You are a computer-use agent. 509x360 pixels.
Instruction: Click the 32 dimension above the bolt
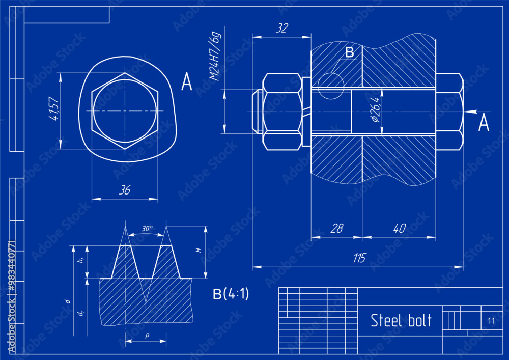[x=281, y=29]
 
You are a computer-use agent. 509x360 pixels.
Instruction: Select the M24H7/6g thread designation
[x=216, y=57]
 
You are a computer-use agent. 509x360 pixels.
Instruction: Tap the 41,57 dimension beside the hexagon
[x=53, y=109]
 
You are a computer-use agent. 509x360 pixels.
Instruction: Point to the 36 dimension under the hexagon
[x=124, y=190]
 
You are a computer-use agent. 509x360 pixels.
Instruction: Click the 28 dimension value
[x=336, y=229]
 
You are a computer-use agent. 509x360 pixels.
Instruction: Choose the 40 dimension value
[x=399, y=229]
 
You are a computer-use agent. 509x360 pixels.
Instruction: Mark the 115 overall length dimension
[x=359, y=258]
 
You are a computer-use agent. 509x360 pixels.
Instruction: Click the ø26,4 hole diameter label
[x=376, y=109]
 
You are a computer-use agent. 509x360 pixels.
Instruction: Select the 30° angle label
[x=147, y=229]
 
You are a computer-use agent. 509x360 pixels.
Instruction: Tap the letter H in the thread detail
[x=200, y=250]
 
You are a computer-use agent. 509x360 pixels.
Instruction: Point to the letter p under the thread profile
[x=147, y=336]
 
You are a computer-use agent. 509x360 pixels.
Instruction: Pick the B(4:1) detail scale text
[x=231, y=294]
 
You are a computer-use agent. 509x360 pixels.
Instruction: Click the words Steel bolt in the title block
[x=401, y=321]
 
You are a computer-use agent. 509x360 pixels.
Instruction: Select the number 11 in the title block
[x=491, y=321]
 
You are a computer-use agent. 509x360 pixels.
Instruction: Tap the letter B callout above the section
[x=349, y=52]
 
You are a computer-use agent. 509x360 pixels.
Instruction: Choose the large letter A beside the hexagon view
[x=187, y=82]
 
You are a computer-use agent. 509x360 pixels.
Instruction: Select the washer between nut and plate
[x=306, y=112]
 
